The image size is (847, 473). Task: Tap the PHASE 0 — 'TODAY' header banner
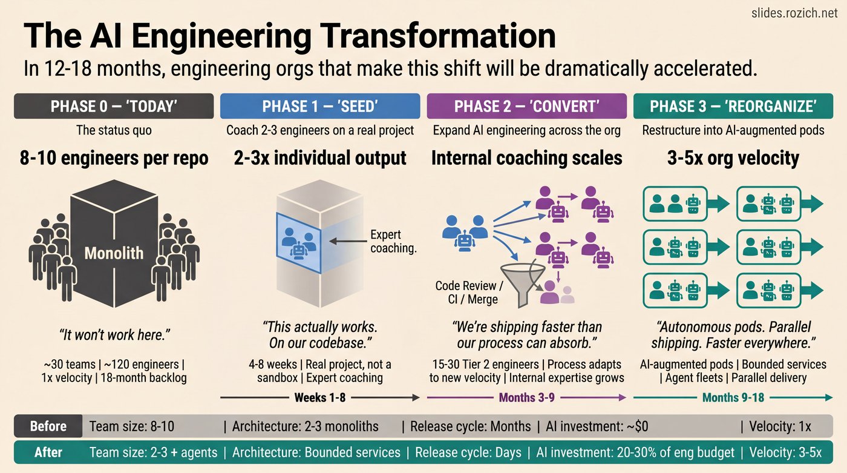coord(114,106)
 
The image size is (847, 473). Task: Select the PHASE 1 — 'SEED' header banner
coord(320,106)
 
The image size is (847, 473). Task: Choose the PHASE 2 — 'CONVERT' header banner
coord(526,106)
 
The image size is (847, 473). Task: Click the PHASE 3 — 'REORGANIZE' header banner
coord(733,106)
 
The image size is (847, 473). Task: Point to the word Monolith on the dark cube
coord(114,253)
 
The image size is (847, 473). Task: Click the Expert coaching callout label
coord(393,241)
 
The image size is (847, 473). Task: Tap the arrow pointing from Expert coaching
coord(347,241)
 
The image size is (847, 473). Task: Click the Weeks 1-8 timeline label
coord(320,398)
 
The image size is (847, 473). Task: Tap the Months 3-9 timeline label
coord(526,398)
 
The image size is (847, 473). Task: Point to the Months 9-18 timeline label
coord(733,398)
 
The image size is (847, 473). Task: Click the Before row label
coord(48,426)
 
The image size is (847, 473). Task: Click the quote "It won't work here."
coord(114,334)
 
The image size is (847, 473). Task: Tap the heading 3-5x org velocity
coord(733,159)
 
